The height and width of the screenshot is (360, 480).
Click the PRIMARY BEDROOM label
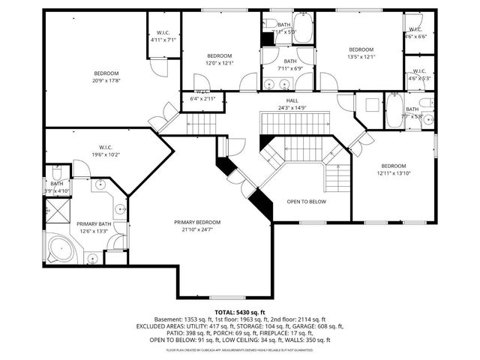[x=198, y=222]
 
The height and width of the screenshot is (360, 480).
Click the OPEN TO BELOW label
[x=307, y=202]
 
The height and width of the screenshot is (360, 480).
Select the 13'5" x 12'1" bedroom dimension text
[x=360, y=56]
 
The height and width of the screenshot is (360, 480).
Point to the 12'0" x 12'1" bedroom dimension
[x=220, y=63]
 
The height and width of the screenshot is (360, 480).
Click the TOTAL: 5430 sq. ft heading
[x=240, y=311]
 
